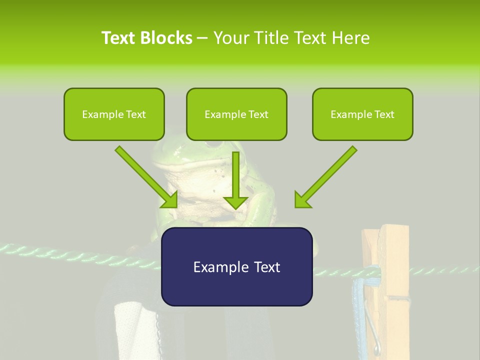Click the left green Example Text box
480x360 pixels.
tap(114, 114)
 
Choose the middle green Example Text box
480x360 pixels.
tap(236, 114)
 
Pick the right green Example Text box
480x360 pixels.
tap(362, 114)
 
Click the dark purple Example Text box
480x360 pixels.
tap(236, 266)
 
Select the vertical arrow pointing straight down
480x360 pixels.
tap(235, 180)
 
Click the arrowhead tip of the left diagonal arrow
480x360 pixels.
tap(176, 206)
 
